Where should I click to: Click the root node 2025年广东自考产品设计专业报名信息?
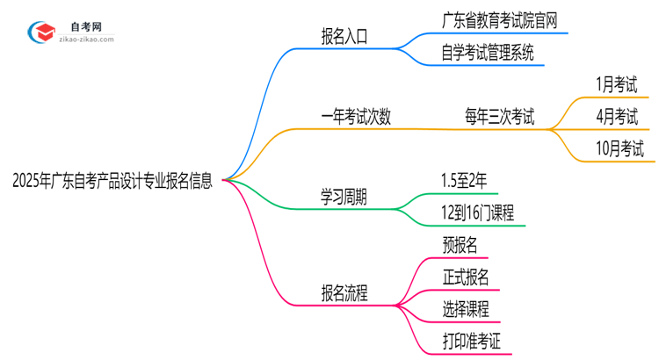click(x=112, y=182)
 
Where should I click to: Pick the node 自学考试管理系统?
click(x=487, y=54)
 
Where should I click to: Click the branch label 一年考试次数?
click(x=355, y=116)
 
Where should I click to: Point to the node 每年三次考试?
click(x=499, y=116)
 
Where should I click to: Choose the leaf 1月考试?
click(x=615, y=85)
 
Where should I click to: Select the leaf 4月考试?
click(x=615, y=116)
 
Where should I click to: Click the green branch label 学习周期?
click(x=344, y=197)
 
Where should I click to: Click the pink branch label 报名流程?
click(x=344, y=292)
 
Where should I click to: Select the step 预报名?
click(x=461, y=245)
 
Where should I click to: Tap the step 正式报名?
click(x=466, y=277)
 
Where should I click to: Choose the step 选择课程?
click(x=466, y=308)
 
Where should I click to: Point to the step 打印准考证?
click(x=473, y=340)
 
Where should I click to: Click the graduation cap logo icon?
click(x=40, y=33)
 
